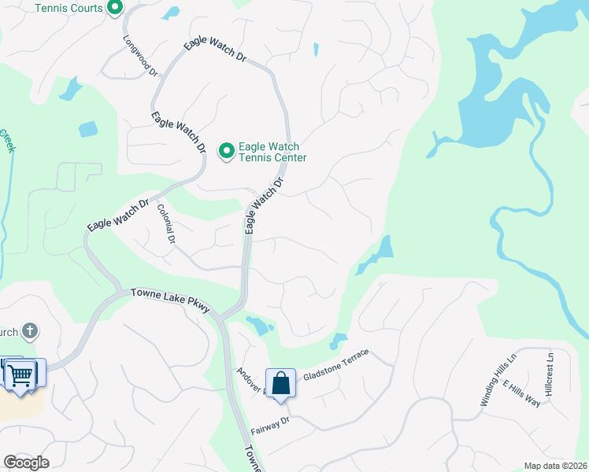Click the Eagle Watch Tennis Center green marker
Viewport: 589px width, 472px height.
click(227, 149)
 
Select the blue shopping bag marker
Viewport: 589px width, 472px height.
click(280, 384)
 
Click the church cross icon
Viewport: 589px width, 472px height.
click(30, 331)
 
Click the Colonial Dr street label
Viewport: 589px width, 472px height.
click(165, 223)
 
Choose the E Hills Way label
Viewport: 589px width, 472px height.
click(521, 391)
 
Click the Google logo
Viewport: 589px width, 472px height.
click(25, 463)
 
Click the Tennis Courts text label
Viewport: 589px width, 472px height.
click(69, 8)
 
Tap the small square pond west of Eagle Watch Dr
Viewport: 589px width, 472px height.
click(87, 129)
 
